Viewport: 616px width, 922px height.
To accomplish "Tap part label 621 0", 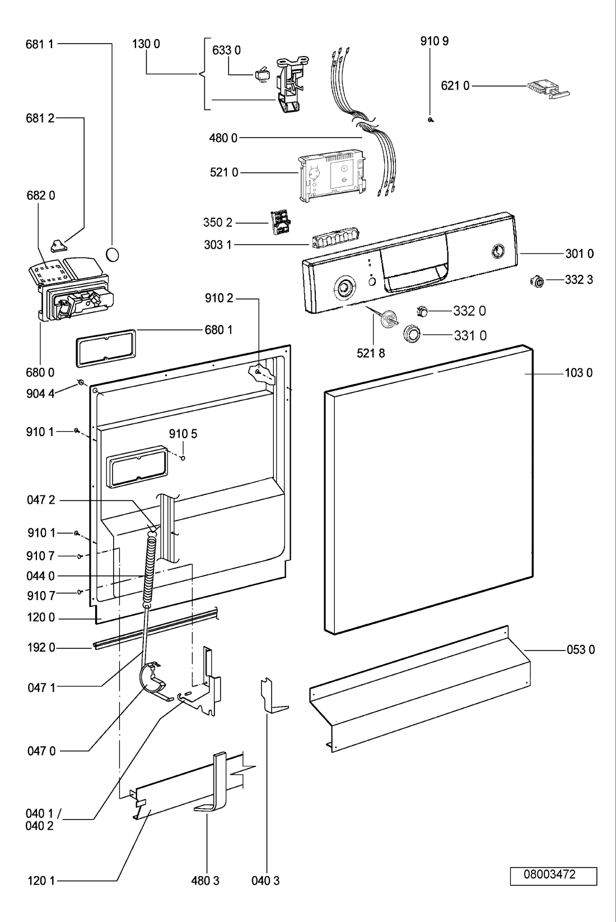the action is point(455,86).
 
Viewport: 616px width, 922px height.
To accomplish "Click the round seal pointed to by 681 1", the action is point(113,254).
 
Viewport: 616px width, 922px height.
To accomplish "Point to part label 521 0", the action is point(224,172).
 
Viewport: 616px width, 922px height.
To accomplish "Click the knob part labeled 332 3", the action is point(537,282).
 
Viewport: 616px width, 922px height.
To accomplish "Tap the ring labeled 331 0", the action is point(412,333).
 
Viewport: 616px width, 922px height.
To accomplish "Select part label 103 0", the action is point(578,373).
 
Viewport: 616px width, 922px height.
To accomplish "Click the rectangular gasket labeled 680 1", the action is point(106,348).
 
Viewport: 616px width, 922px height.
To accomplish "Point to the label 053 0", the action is point(581,649).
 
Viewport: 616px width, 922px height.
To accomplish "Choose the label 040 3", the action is point(265,881).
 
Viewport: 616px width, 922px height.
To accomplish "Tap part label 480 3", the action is point(206,881).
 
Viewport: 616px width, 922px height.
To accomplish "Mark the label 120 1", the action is point(41,881).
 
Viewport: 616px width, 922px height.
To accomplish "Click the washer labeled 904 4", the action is point(81,384).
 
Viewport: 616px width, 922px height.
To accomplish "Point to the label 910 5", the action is point(183,434).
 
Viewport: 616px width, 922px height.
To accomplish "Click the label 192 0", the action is point(41,648).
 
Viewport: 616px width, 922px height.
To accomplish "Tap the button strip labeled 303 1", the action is point(334,239).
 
